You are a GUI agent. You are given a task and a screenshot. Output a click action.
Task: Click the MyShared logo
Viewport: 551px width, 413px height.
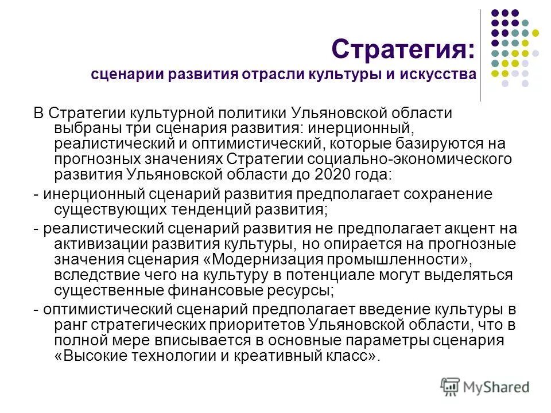pyautogui.click(x=484, y=386)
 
